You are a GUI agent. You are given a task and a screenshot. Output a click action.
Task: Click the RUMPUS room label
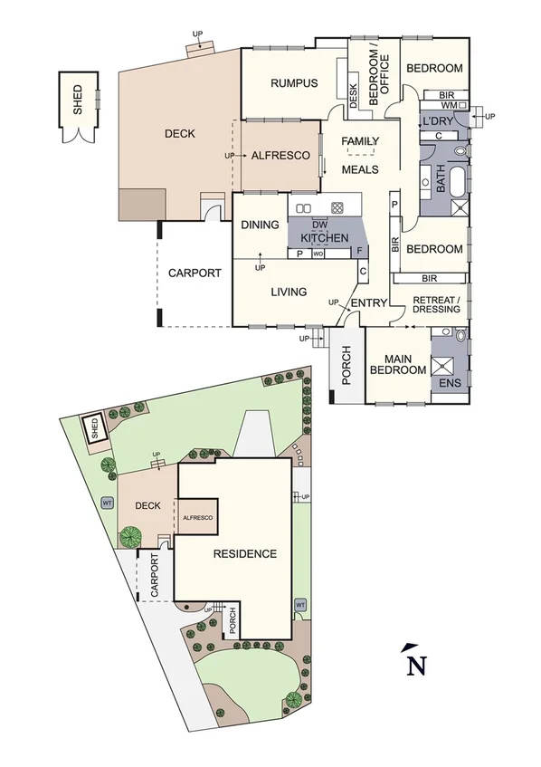pos(294,83)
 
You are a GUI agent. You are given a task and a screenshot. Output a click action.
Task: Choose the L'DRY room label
pos(438,121)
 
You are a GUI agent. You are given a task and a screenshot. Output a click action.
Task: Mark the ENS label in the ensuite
pos(450,383)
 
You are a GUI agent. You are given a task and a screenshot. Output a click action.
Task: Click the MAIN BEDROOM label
pos(398,364)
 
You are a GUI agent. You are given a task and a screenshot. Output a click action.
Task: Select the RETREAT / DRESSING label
pos(437,304)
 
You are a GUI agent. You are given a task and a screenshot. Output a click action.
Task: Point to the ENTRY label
pos(368,302)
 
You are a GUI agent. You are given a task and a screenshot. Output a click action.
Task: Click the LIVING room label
pos(289,292)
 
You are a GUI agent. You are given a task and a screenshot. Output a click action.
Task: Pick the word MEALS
pos(359,169)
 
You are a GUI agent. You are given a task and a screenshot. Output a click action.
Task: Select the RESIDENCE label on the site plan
pos(244,553)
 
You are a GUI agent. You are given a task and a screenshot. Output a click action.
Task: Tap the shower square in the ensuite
pos(444,365)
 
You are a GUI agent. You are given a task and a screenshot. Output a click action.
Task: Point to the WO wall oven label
pos(318,254)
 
